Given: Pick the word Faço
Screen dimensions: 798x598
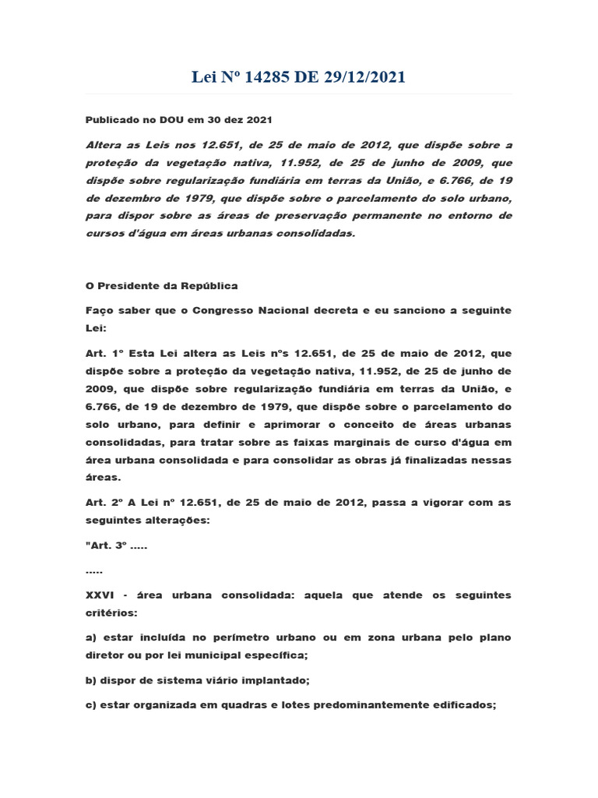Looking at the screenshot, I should [97, 310].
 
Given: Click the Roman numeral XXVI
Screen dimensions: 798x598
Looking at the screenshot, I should [100, 595].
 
